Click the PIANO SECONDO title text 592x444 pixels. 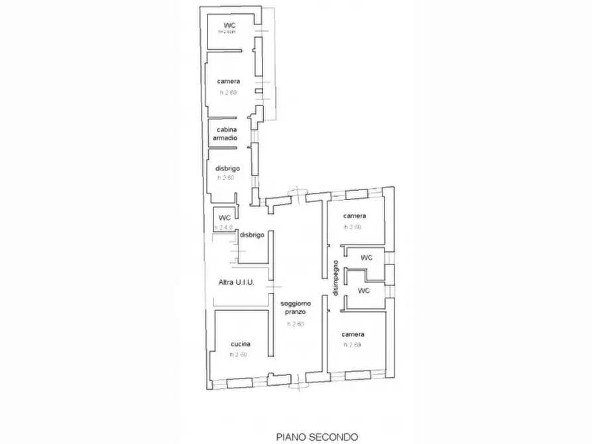tap(317, 437)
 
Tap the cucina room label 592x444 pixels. tap(240, 344)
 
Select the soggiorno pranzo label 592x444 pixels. tap(296, 307)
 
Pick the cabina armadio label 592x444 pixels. tap(227, 133)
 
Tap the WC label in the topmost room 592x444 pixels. tap(230, 26)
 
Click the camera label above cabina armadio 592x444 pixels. tap(228, 82)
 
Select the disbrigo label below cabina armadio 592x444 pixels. tap(227, 169)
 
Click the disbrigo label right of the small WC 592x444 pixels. tap(253, 235)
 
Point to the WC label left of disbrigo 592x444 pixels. tap(225, 217)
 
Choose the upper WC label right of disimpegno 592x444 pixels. tap(366, 257)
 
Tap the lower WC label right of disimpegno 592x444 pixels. tap(363, 290)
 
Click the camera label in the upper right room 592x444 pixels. tap(354, 217)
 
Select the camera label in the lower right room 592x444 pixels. tap(354, 335)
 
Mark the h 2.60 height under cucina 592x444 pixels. tap(238, 355)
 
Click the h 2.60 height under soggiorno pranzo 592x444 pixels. tap(296, 324)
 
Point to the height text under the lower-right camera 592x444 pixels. tap(353, 345)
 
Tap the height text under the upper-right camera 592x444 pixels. tap(353, 227)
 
